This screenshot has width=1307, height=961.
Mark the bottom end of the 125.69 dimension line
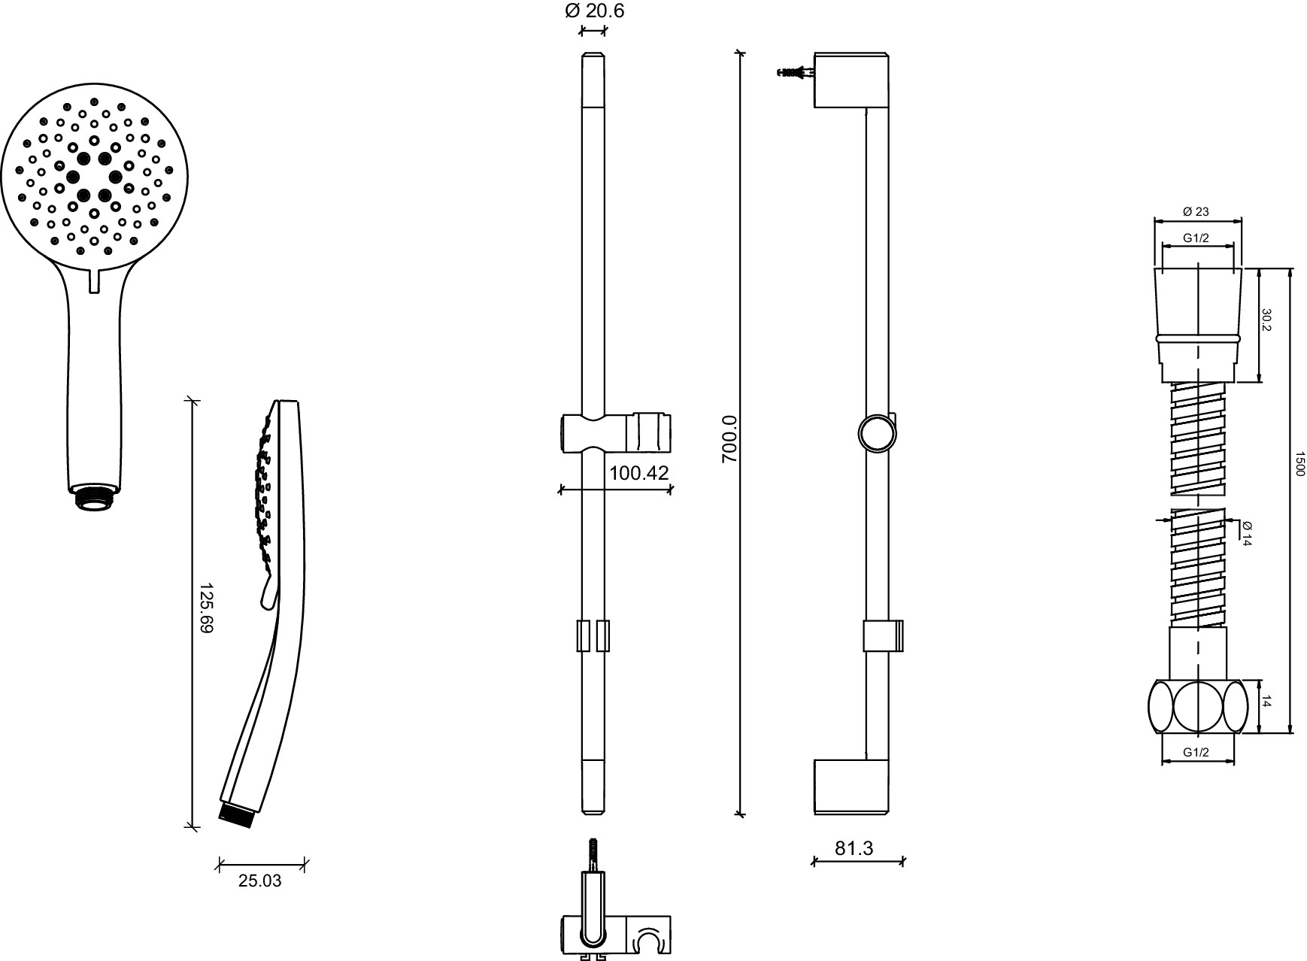[x=193, y=827]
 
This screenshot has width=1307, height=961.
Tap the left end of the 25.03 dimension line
[x=219, y=864]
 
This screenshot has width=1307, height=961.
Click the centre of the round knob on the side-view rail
[x=876, y=433]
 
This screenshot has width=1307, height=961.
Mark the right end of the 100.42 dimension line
[x=671, y=490]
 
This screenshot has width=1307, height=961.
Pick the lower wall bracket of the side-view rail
[x=853, y=786]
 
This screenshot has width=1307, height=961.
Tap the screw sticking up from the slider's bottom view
[x=593, y=855]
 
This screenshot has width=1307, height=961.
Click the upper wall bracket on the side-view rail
[x=853, y=80]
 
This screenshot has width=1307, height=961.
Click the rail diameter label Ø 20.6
[x=594, y=11]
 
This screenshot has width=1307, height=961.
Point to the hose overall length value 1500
[x=1300, y=463]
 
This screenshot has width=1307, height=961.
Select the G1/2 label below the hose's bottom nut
[x=1196, y=752]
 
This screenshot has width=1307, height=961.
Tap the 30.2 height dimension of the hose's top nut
[x=1266, y=320]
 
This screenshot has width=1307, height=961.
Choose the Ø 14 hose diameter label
[x=1246, y=533]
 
